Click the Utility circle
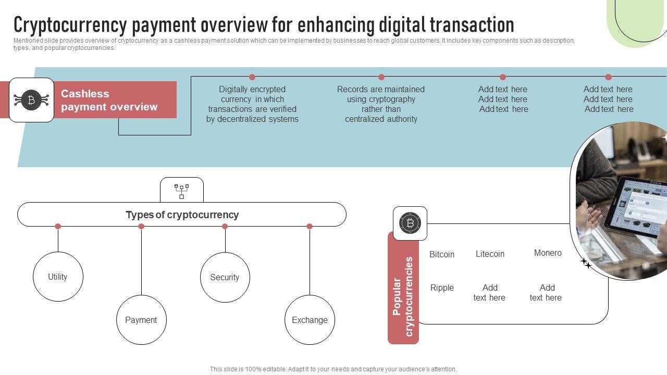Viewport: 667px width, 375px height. point(58,277)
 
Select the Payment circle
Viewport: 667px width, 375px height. point(141,320)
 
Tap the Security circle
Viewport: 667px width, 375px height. point(225,277)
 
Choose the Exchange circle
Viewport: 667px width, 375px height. point(310,320)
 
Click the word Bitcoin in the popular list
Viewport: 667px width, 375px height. point(442,254)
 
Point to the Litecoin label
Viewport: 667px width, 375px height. point(490,254)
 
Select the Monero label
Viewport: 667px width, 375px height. point(548,253)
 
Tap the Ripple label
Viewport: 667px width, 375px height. point(442,287)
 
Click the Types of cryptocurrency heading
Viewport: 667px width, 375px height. point(182,215)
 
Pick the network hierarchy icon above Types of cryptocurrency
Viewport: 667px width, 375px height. point(181,191)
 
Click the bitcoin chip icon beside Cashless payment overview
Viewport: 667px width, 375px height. point(31,100)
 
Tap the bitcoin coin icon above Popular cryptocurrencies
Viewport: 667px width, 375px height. point(410,223)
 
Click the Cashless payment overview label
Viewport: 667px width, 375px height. point(109,100)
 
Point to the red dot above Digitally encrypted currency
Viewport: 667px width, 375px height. point(252,77)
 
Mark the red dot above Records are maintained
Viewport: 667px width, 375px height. point(381,77)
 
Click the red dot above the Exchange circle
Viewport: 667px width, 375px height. point(310,227)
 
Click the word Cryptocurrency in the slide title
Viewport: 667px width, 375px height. point(70,24)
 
